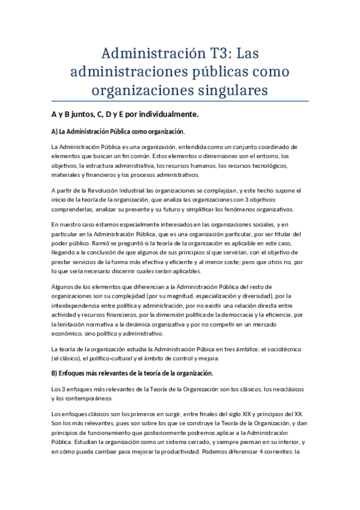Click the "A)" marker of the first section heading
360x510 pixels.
(x=55, y=131)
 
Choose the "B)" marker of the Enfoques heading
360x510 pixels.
(x=55, y=373)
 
